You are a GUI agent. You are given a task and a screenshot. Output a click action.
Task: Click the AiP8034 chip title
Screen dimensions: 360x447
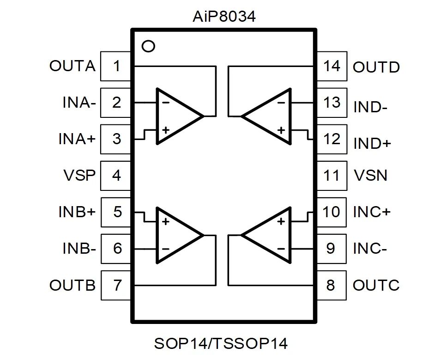223,18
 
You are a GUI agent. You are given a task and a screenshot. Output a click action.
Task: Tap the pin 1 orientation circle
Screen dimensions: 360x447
148,46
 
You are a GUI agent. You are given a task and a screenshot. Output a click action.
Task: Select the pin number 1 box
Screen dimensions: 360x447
116,66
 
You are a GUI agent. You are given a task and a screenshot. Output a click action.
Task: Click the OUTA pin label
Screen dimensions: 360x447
72,66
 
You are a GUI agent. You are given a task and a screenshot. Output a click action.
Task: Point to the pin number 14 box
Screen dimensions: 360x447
332,66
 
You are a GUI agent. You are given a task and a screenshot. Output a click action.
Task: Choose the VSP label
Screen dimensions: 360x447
79,176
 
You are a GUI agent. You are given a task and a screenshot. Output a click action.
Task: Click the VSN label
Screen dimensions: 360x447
370,176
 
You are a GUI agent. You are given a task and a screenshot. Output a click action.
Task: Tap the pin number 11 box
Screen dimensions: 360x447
332,176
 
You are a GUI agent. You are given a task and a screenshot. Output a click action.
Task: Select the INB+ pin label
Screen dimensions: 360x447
77,212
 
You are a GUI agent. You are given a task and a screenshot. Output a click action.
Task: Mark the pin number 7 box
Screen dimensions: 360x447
116,285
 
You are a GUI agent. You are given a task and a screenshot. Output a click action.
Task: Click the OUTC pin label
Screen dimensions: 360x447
375,285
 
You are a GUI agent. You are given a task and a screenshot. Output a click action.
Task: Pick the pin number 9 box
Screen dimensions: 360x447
332,249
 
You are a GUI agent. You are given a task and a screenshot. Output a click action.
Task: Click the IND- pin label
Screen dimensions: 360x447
369,107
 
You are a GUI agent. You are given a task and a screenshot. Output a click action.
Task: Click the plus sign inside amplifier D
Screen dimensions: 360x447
281,130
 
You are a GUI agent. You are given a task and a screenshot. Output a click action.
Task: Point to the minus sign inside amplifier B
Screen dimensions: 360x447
165,249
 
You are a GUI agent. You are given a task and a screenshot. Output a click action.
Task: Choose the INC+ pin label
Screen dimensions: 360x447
372,212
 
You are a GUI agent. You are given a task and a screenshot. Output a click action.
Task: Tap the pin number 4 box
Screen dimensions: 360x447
116,176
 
